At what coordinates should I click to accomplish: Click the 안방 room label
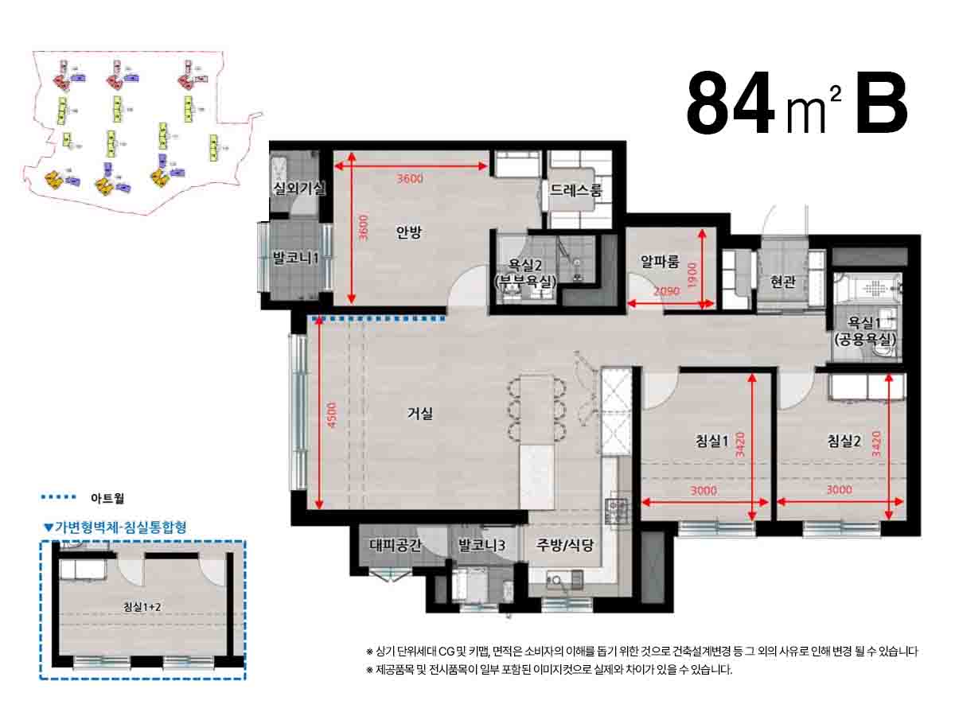[408, 232]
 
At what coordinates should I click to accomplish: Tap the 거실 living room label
[420, 413]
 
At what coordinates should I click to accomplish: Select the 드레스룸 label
[576, 191]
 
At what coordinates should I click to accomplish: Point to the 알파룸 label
[660, 261]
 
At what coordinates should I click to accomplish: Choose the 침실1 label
[711, 442]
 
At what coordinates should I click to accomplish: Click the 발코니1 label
[295, 259]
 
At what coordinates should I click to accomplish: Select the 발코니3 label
[482, 546]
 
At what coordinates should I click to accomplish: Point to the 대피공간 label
[396, 546]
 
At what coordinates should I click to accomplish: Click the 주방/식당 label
[565, 546]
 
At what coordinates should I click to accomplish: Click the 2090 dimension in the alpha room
[665, 292]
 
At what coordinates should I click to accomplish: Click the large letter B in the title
[881, 104]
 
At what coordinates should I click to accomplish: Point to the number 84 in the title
[731, 104]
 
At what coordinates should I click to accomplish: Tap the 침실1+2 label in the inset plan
[143, 607]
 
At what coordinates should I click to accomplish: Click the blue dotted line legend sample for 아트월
[58, 498]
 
